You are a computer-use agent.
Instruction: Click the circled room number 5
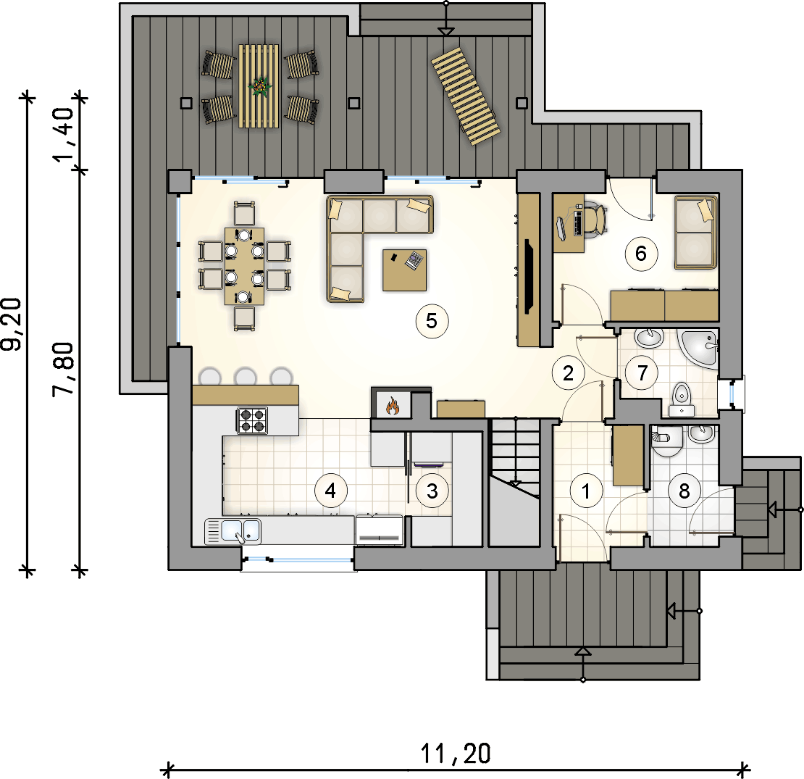point(431,321)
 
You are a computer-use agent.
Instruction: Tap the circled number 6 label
point(641,254)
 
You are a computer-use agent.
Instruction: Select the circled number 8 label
point(684,491)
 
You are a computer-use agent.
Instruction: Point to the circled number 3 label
point(432,491)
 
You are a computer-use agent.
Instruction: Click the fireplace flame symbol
point(393,405)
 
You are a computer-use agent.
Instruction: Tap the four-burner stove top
point(252,420)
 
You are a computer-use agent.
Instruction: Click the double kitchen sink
point(233,530)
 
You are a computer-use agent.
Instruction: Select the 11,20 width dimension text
point(456,754)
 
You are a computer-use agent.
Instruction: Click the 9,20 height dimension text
point(12,324)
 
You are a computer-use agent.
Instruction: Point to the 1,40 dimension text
point(65,134)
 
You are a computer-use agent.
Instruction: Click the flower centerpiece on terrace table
point(261,86)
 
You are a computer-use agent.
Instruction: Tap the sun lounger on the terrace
point(466,96)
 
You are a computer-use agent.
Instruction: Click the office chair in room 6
point(593,220)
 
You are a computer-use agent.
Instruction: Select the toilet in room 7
point(682,399)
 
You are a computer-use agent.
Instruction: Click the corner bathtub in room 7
point(698,349)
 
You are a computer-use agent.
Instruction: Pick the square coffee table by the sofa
point(405,270)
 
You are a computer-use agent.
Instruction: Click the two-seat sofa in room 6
point(695,232)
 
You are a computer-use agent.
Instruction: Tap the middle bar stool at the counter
point(245,376)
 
